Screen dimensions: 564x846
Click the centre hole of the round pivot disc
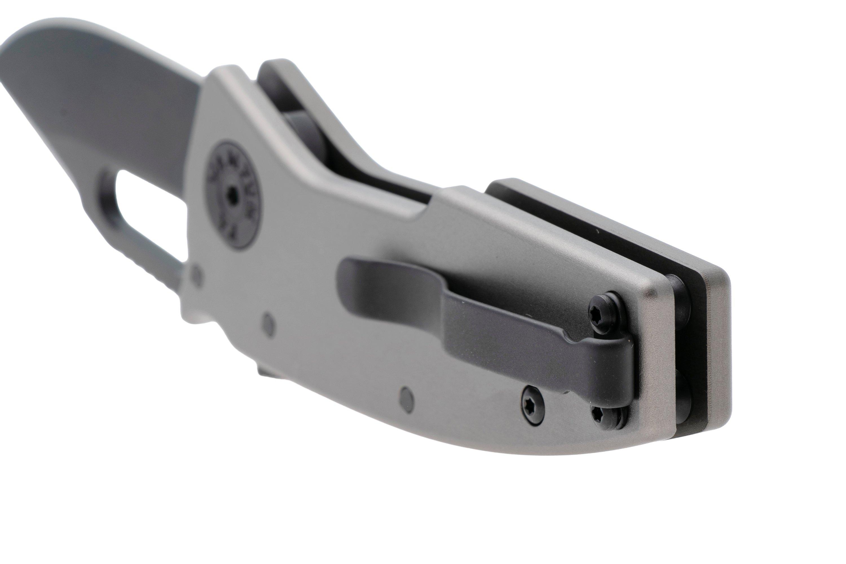tap(234, 197)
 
